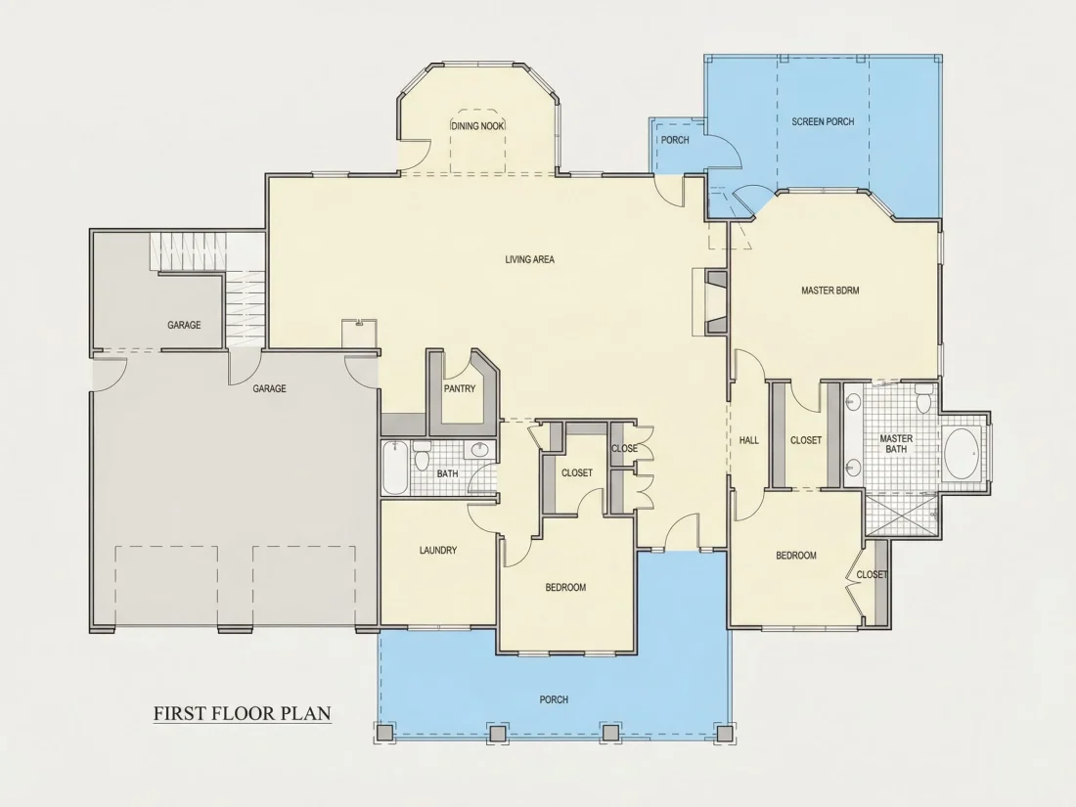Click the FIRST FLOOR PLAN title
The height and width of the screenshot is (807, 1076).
[x=243, y=713]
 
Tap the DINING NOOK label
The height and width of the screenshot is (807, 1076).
[x=477, y=126]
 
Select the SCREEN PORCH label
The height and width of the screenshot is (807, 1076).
[x=823, y=121]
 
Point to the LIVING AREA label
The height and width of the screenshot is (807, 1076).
[x=530, y=259]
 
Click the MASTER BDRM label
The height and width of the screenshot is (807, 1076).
[x=830, y=291]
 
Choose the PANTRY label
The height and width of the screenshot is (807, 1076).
[x=459, y=388]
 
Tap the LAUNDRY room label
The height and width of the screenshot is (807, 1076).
[x=438, y=550]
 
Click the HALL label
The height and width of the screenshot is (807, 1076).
[x=748, y=440]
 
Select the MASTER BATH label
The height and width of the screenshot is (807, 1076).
[x=896, y=443]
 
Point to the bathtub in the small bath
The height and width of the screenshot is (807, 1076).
[x=394, y=468]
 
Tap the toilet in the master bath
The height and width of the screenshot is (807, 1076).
[x=923, y=398]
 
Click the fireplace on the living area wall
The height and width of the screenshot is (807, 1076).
[x=711, y=302]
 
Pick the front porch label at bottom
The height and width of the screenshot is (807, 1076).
[x=554, y=699]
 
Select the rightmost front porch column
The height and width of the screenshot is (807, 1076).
[x=723, y=733]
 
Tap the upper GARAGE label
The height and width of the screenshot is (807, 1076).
[x=184, y=325]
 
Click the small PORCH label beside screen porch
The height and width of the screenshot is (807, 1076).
[x=675, y=140]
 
